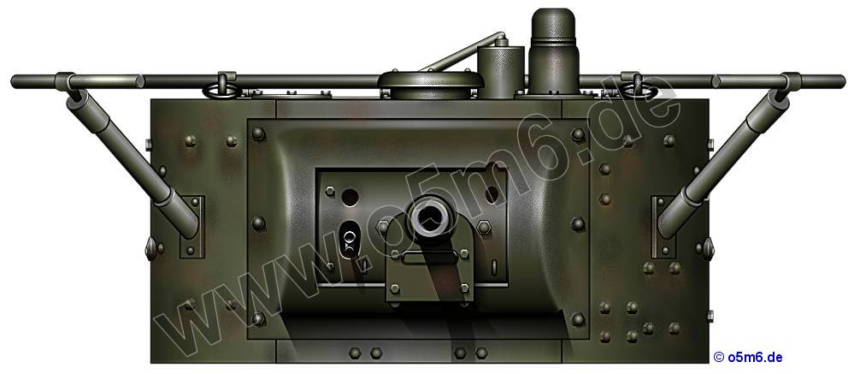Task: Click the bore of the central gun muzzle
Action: point(430,217)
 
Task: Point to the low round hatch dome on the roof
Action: point(431,85)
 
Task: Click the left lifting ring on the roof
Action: point(221,91)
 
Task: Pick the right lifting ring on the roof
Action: point(636,89)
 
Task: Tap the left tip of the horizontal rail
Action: point(11,82)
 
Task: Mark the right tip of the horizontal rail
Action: point(845,82)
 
